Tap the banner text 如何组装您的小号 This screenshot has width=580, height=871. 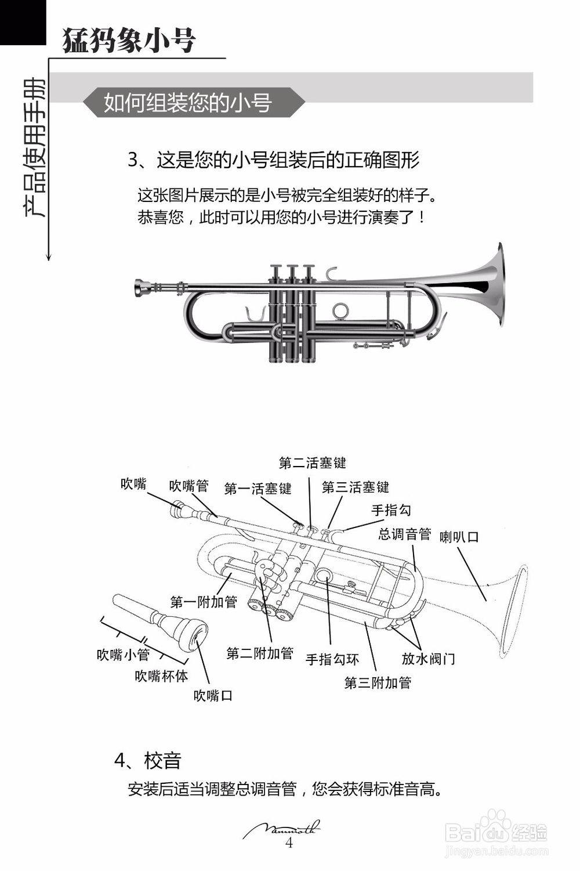click(187, 103)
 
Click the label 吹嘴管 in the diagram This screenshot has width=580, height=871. click(188, 486)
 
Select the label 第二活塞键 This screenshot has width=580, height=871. click(312, 463)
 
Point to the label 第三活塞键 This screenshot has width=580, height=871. click(355, 487)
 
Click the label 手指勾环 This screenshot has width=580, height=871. click(332, 660)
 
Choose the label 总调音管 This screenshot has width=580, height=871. click(404, 534)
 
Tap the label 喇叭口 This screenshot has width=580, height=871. click(459, 537)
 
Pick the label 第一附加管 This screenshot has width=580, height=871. click(204, 602)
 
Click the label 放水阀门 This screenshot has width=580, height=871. click(428, 659)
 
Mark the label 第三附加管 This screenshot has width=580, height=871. click(378, 683)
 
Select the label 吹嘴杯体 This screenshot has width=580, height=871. click(161, 676)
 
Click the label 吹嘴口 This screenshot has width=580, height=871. click(213, 695)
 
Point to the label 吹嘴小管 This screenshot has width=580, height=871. click(123, 655)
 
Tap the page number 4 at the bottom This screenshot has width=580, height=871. click(289, 843)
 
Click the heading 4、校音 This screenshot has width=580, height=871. click(148, 760)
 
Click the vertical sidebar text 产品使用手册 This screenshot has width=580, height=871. click(34, 148)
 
